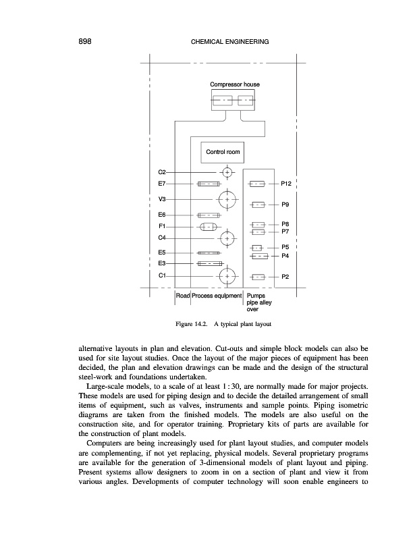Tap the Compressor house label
pos(234,84)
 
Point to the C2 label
pos(162,172)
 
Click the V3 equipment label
pos(162,199)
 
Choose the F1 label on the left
pos(162,225)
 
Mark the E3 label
pos(162,263)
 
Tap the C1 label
pos(162,275)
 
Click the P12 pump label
pos(286,183)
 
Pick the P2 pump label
pos(285,276)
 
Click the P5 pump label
pos(285,247)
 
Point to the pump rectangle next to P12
pos(256,183)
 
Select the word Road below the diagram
pos(182,296)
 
